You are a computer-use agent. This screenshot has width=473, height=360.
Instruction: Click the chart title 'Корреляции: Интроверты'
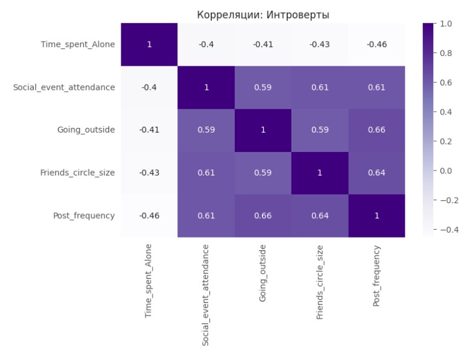click(263, 14)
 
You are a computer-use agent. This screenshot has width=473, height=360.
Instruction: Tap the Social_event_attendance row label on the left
click(64, 87)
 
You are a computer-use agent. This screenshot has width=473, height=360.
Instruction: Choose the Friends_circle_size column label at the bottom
click(320, 282)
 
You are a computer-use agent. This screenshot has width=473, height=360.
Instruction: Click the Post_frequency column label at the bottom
click(376, 276)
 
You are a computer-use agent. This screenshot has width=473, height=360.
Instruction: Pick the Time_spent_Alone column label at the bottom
click(149, 280)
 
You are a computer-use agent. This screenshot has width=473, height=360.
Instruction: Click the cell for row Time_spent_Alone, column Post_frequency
click(376, 44)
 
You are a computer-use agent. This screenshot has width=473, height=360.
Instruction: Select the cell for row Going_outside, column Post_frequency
click(376, 130)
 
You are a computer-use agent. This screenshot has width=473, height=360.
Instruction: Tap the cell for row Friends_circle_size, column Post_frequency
click(376, 173)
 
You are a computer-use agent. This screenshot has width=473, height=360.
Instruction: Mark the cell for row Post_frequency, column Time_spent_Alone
click(149, 216)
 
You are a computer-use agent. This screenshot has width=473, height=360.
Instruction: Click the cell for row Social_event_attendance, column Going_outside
click(263, 87)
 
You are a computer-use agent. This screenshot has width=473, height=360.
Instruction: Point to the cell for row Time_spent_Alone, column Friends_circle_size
click(320, 44)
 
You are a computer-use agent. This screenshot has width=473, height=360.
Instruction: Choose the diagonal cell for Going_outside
click(263, 130)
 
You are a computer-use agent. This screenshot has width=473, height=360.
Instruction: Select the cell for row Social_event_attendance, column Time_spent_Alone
click(149, 87)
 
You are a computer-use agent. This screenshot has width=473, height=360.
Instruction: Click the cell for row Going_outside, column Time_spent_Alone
click(149, 130)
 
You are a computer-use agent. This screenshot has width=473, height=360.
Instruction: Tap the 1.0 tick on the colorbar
click(446, 24)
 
